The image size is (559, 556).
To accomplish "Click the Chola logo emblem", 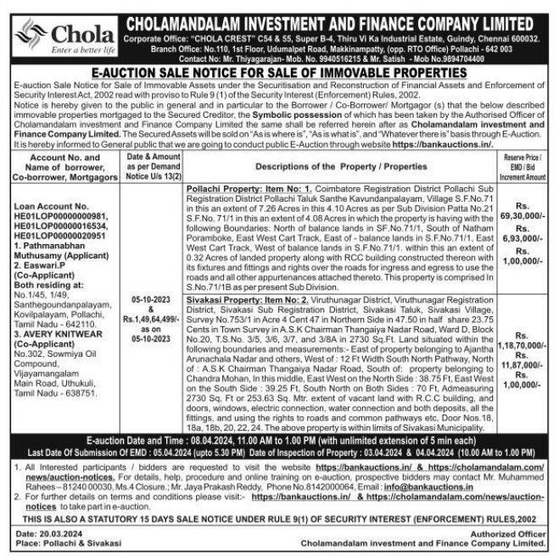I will (31, 34).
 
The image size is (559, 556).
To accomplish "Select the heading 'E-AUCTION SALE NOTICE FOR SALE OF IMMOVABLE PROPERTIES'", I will (279, 75).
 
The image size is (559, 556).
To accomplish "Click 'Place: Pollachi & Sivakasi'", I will (60, 542).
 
